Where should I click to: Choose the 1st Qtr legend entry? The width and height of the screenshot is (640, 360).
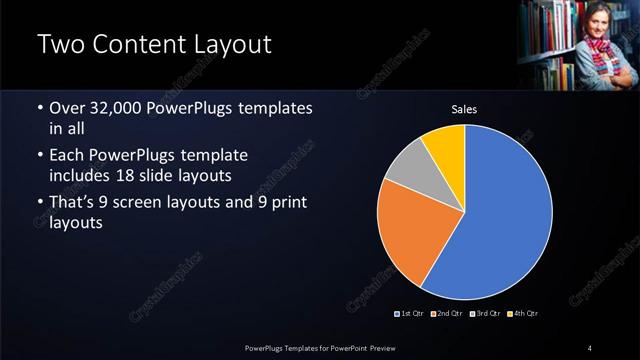pos(411,314)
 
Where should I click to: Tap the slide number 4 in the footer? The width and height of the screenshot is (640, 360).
pos(590,347)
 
